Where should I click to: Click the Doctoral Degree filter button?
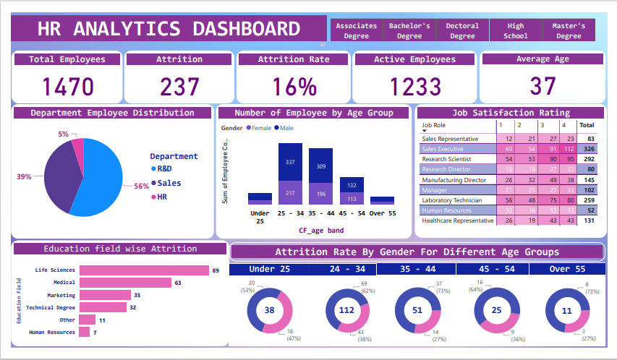click(x=462, y=30)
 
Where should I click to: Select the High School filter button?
click(x=516, y=30)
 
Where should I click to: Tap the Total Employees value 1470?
click(x=67, y=87)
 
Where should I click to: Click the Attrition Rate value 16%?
click(x=294, y=87)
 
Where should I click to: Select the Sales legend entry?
click(x=169, y=184)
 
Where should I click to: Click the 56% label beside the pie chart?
click(x=141, y=186)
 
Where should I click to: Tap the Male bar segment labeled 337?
click(x=290, y=162)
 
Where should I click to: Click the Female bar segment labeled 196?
click(x=320, y=194)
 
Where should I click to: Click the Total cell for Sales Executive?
click(x=590, y=149)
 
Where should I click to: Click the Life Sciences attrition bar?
click(x=144, y=270)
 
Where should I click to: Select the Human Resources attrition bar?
click(x=85, y=332)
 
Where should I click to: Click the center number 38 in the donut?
click(x=269, y=310)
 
